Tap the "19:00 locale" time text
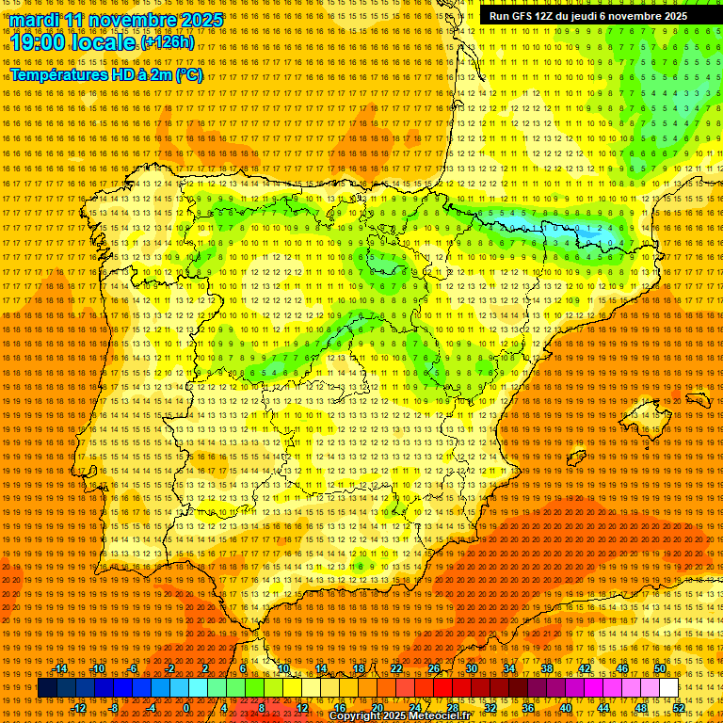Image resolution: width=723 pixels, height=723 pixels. (73, 42)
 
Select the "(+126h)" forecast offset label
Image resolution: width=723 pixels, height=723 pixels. (167, 42)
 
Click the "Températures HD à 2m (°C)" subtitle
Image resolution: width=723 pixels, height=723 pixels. (105, 74)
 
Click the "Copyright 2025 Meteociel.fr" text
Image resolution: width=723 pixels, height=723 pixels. (399, 716)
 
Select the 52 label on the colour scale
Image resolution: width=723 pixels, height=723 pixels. (679, 708)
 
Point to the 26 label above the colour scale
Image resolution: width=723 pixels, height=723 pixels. (434, 668)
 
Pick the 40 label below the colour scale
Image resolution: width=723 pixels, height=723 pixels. (565, 708)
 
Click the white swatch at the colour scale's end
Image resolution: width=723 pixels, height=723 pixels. (668, 688)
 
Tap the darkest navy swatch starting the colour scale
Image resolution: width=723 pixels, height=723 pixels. (47, 688)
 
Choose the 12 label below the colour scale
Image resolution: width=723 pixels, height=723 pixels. (302, 708)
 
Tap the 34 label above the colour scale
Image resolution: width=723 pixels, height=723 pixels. (509, 668)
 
